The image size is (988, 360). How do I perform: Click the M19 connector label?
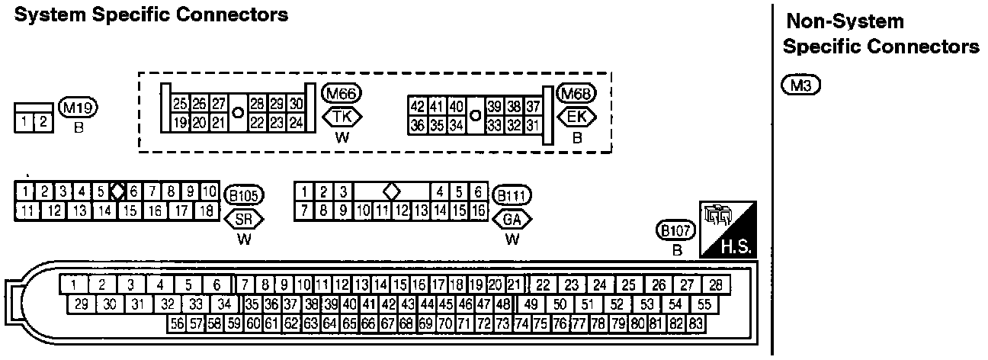point(78,108)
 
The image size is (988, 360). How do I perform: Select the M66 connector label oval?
point(342,93)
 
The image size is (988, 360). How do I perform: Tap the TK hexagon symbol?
point(342,117)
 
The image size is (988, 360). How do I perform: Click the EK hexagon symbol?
point(576,117)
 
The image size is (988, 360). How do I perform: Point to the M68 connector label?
point(576,93)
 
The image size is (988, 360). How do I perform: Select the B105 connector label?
point(244,195)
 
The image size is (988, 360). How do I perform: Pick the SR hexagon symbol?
point(244,219)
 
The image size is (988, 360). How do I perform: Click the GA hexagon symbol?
point(512,219)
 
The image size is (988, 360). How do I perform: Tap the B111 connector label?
point(512,195)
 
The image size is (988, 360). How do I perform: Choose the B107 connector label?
point(675,230)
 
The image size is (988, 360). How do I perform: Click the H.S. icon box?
point(728,230)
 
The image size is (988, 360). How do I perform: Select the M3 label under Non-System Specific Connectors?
point(801,85)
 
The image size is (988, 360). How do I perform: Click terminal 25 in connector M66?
point(180,104)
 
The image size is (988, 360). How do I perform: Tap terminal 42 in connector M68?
point(417,106)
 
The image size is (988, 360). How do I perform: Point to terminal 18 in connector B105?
point(207,211)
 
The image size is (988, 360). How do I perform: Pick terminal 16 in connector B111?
point(479,211)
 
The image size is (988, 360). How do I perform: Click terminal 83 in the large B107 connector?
point(695,324)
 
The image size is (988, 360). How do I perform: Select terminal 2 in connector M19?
point(43,122)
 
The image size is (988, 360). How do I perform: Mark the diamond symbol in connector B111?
point(392,192)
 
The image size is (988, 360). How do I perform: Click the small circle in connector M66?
point(238,113)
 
